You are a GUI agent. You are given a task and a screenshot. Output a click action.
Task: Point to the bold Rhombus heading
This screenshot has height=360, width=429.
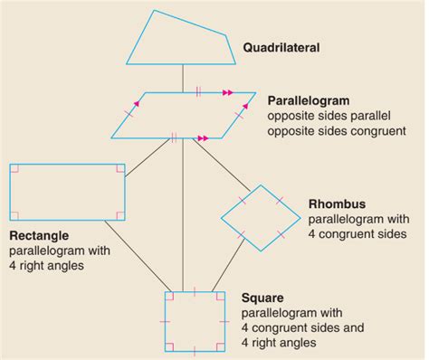pos(335,204)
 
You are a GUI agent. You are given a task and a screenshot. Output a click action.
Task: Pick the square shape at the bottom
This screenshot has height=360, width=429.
pos(195,321)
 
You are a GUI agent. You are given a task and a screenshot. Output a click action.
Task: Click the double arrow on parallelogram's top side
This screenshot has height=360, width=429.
pos(226,91)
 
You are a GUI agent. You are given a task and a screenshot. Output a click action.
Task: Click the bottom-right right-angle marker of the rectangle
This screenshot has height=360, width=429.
pos(118,215)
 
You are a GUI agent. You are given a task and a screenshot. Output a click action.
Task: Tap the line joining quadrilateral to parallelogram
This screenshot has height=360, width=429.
pos(184,79)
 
